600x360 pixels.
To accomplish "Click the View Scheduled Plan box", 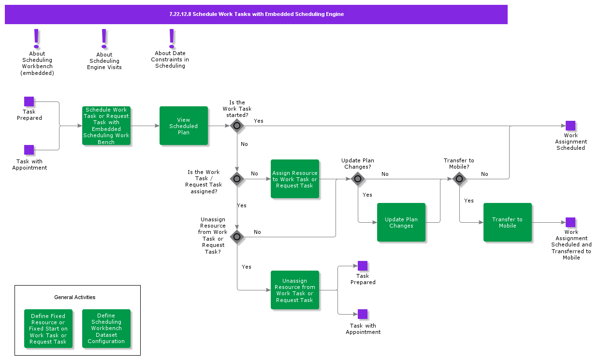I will coord(184,126).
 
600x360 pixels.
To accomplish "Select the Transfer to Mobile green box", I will coord(507,222).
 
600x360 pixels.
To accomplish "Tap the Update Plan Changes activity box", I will coord(401,222).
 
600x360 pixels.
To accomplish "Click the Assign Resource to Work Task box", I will coord(294,179).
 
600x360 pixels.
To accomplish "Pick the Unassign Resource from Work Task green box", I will coord(294,290).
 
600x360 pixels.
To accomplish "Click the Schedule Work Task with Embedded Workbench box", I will coord(106,126).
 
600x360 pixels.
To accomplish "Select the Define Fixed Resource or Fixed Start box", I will coord(48,329).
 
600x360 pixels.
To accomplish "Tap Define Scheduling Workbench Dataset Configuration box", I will coord(106,329).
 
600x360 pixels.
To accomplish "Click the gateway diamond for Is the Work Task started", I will coord(237,126).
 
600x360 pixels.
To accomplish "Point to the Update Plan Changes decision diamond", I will coord(358,179).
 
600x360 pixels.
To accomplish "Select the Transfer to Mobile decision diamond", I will coord(459,179).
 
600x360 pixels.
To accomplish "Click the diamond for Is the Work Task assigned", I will coord(237,179).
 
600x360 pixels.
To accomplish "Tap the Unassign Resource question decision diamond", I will coord(237,237).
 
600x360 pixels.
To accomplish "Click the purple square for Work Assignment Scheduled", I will coord(571,126).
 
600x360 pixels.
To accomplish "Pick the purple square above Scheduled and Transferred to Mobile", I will coord(571,222).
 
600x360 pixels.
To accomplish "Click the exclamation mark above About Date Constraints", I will coord(171,39).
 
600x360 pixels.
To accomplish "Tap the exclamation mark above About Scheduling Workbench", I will coord(36,39).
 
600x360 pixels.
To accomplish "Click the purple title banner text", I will coord(256,14).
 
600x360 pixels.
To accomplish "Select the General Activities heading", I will coord(75,297).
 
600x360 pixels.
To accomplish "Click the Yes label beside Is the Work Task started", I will coord(259,121).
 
